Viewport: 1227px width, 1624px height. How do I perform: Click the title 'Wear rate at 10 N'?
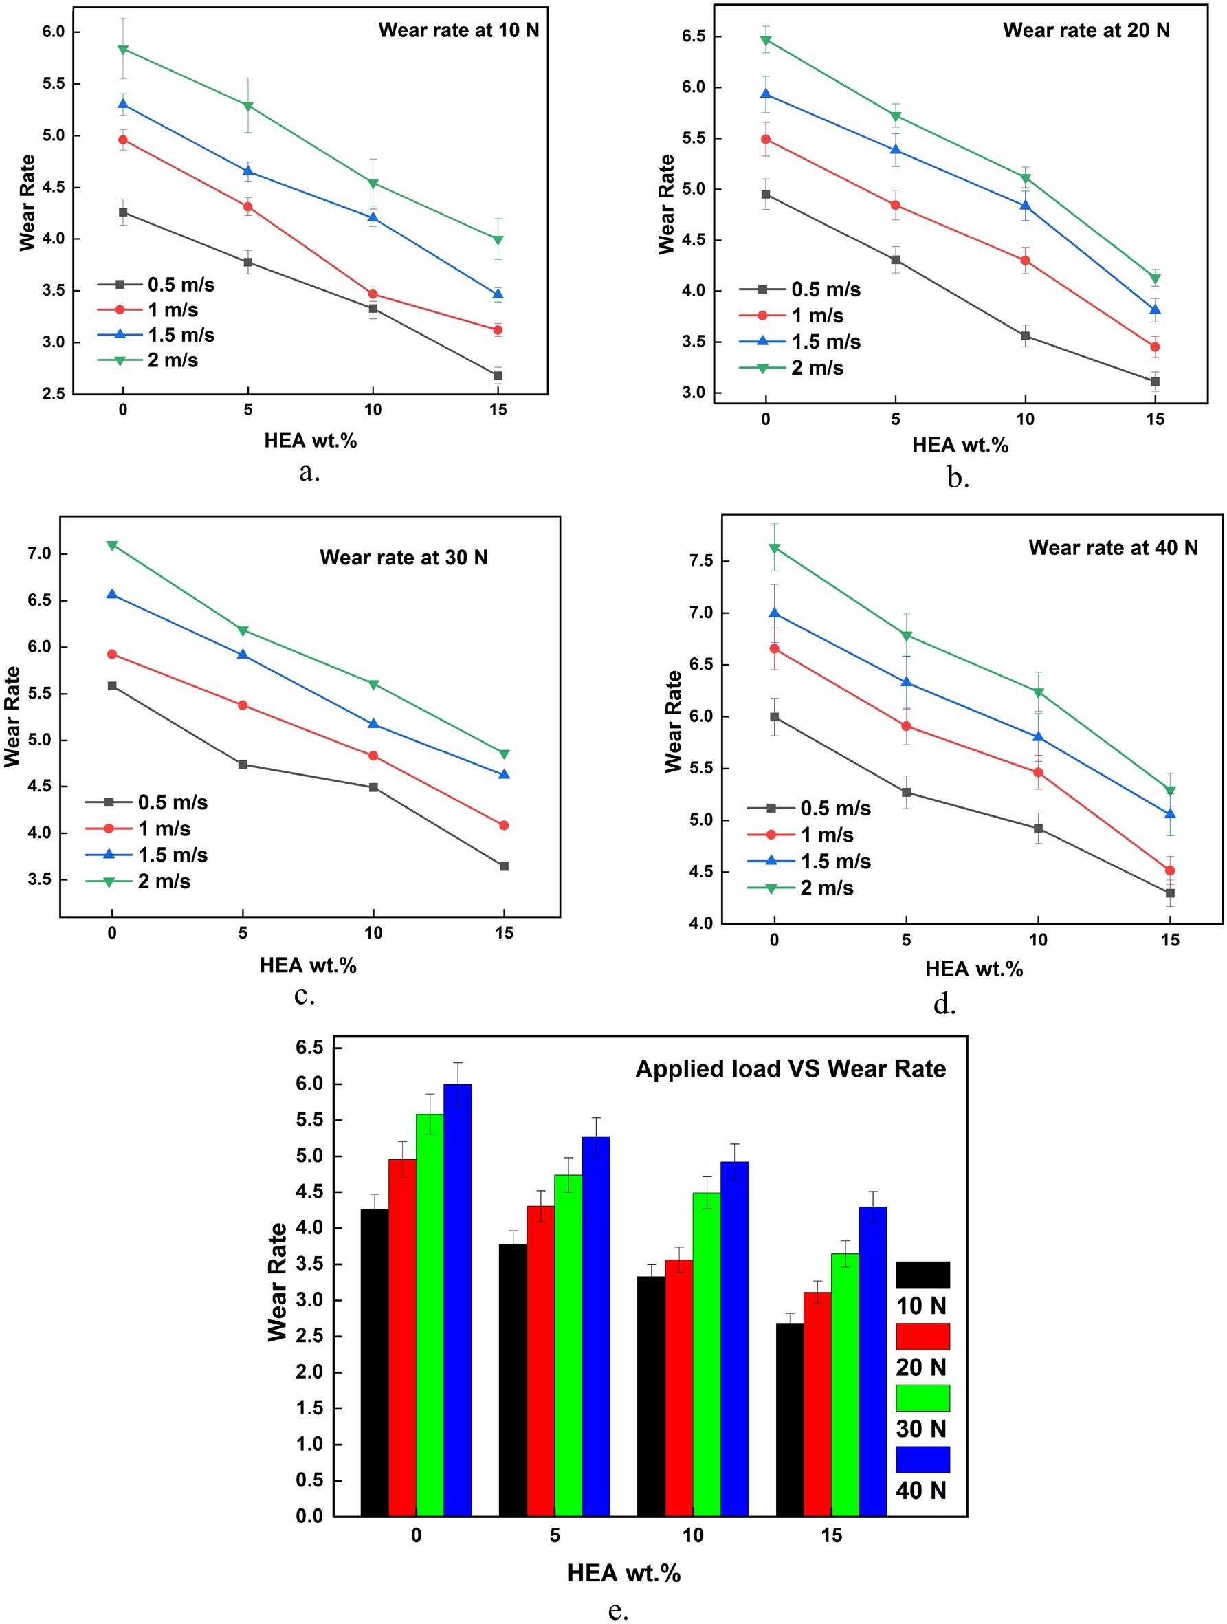pyautogui.click(x=458, y=30)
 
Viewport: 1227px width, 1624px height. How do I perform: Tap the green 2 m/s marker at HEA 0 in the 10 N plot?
pyautogui.click(x=122, y=50)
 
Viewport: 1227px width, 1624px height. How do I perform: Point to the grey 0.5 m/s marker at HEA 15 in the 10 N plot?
pyautogui.click(x=498, y=375)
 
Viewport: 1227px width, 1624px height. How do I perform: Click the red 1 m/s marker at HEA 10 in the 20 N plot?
pyautogui.click(x=1025, y=261)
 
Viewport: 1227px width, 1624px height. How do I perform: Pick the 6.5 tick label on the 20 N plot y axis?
pyautogui.click(x=693, y=36)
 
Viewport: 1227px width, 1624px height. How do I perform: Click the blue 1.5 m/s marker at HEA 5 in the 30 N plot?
pyautogui.click(x=243, y=653)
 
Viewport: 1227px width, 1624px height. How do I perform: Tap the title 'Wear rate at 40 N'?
pyautogui.click(x=1112, y=547)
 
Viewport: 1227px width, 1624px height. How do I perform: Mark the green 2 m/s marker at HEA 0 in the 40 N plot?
pyautogui.click(x=774, y=549)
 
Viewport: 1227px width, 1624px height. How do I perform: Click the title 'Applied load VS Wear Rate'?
pyautogui.click(x=791, y=1068)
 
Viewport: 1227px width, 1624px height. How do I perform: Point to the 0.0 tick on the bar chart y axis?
pyautogui.click(x=309, y=1516)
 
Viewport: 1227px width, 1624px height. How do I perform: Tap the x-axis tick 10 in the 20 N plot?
pyautogui.click(x=1025, y=419)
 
